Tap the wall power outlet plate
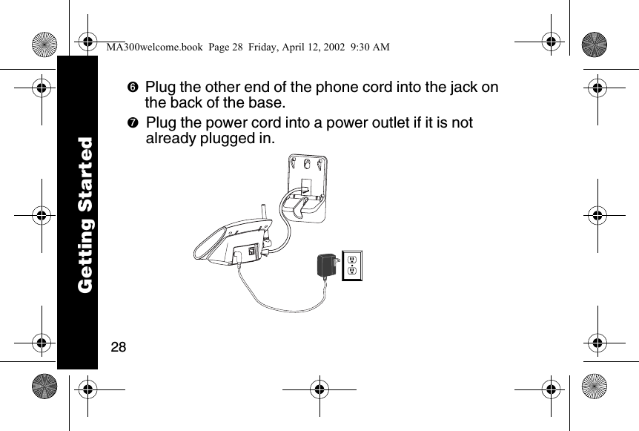click(x=352, y=265)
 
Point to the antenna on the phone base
click(x=265, y=212)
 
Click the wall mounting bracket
click(x=307, y=188)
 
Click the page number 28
click(x=119, y=346)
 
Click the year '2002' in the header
click(x=335, y=47)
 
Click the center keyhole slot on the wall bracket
click(x=307, y=165)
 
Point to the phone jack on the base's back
click(x=253, y=251)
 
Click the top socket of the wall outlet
click(x=352, y=260)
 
